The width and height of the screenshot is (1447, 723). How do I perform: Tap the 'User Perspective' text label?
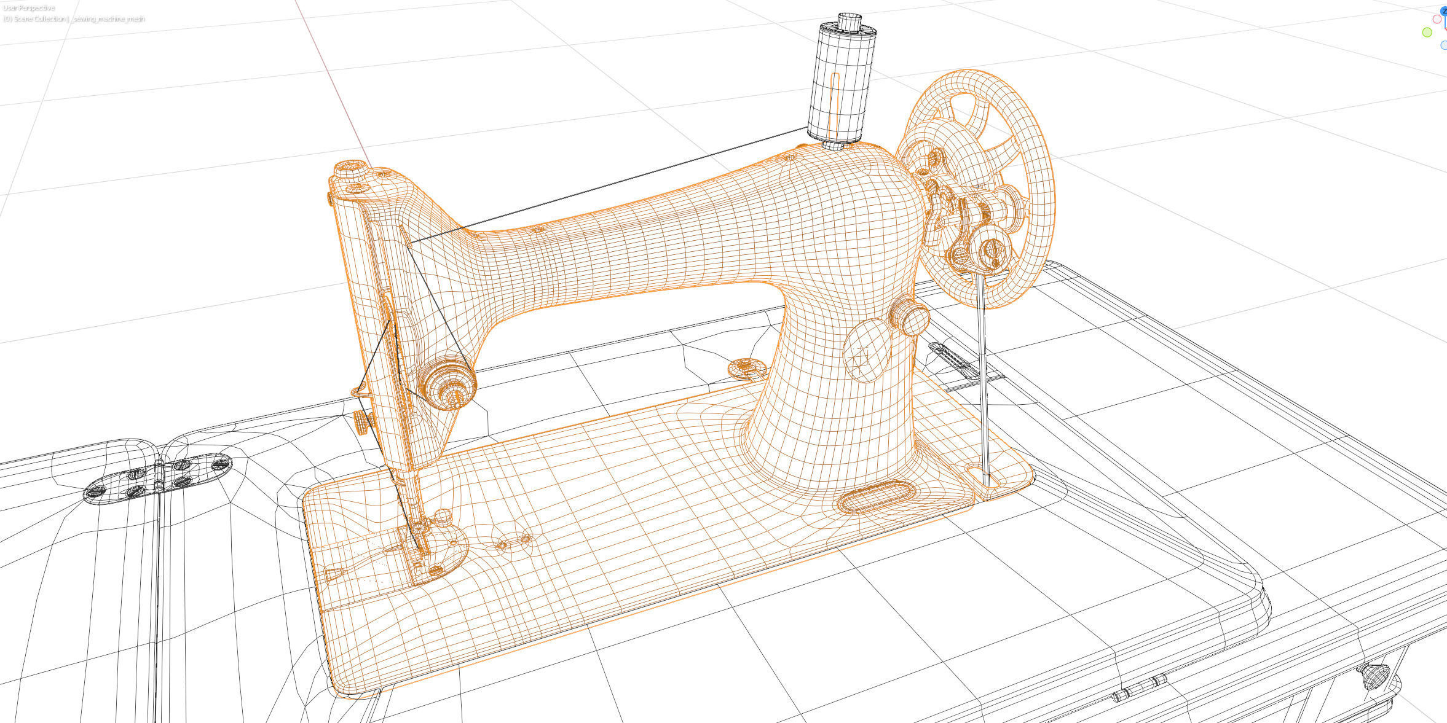click(29, 8)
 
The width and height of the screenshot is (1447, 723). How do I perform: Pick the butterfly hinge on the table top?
click(158, 477)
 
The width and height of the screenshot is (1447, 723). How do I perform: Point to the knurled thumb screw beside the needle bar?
click(363, 422)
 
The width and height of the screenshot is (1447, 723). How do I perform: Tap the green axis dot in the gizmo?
click(1427, 33)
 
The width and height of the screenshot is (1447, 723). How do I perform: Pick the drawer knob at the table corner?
click(1374, 678)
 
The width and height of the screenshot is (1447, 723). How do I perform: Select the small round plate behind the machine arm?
click(746, 369)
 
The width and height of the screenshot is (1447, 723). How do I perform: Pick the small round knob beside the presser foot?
click(444, 515)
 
